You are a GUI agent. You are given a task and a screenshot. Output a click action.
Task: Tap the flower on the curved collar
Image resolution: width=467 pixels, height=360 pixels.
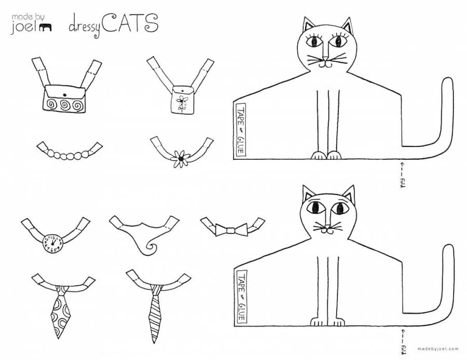181,159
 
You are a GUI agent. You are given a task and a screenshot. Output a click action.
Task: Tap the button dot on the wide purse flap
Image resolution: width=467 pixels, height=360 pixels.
64,95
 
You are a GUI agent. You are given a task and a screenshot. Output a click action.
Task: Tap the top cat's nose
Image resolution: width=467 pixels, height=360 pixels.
326,58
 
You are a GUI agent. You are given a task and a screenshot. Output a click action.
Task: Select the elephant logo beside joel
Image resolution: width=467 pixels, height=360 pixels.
45,27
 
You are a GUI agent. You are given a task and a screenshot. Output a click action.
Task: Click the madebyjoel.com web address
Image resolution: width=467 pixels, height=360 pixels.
438,349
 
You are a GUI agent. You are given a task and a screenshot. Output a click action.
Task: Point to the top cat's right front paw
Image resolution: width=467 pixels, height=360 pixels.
334,155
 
